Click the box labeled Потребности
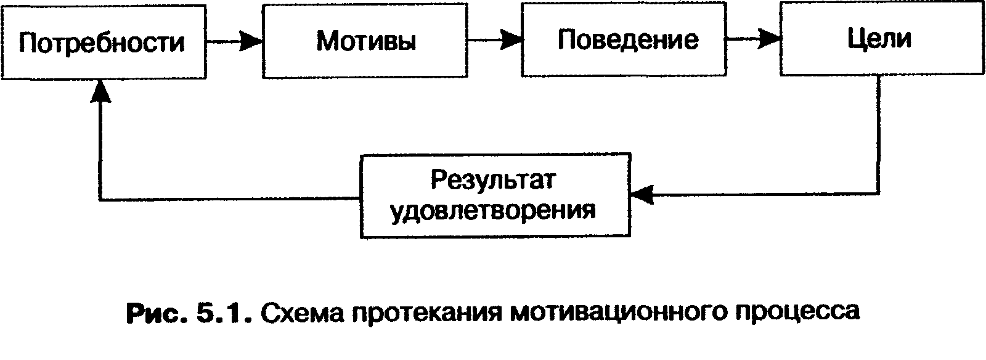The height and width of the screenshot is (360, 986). click(x=102, y=42)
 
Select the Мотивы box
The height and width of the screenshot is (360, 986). click(x=365, y=41)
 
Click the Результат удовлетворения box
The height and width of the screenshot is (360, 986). click(x=495, y=196)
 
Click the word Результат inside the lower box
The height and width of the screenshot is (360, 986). click(x=494, y=181)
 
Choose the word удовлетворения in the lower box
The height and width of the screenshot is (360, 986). click(x=494, y=211)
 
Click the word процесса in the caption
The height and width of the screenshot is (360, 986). click(x=796, y=314)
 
